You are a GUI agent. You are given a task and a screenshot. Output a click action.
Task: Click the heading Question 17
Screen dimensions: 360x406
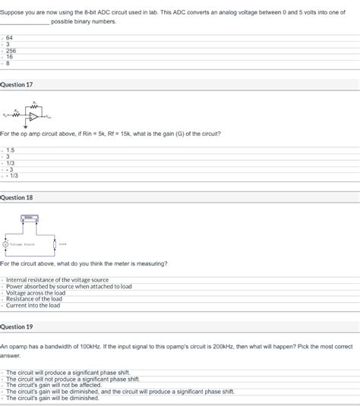[17, 84]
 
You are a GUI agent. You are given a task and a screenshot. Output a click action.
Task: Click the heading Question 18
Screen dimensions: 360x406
[17, 197]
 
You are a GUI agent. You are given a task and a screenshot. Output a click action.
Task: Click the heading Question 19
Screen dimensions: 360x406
[17, 326]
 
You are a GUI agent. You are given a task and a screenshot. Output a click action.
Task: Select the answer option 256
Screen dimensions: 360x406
[11, 50]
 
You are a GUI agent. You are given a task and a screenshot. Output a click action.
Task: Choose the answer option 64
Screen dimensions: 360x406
[9, 37]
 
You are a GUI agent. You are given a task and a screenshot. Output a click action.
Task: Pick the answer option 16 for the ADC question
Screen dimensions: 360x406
[9, 57]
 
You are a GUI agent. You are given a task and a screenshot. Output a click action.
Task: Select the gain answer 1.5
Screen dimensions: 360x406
[10, 150]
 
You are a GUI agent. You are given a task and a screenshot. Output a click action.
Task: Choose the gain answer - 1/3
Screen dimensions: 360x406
[11, 175]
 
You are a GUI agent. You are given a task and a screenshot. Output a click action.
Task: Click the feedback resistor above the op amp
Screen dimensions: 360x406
[33, 106]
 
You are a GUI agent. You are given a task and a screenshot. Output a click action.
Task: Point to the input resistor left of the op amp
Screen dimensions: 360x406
[17, 116]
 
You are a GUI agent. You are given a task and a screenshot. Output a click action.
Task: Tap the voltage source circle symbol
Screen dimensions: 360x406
[6, 244]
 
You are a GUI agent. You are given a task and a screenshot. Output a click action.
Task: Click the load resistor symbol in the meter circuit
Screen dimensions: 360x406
[55, 244]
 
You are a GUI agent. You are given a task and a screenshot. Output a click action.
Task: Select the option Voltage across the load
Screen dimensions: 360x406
[33, 293]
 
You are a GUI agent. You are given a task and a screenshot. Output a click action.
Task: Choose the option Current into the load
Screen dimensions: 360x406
[33, 306]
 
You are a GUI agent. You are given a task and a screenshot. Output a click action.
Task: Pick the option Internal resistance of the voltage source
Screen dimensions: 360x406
[57, 280]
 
